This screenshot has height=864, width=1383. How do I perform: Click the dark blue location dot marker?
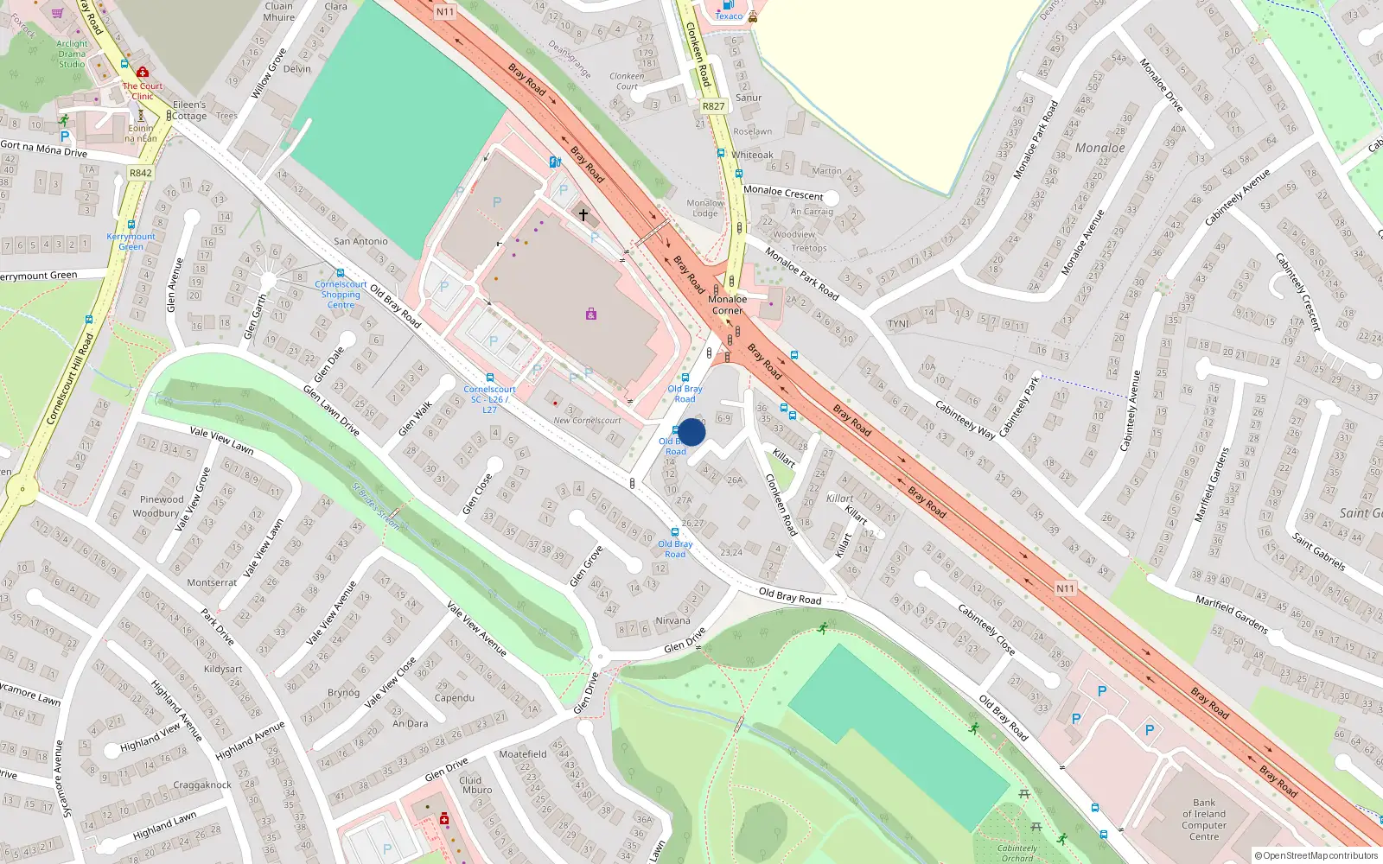pos(691,432)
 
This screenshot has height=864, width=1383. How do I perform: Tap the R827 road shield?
pos(713,106)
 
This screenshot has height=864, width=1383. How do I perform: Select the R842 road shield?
pos(140,173)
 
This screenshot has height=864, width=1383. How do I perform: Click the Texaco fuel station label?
pos(729,16)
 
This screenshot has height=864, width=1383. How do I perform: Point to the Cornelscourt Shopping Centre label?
pos(341,294)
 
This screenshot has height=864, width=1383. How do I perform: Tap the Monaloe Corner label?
pos(727,305)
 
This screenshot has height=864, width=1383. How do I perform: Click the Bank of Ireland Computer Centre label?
pos(1204,819)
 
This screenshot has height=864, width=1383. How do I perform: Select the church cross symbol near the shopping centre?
pos(583,214)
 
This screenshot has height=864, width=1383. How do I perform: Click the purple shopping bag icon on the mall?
pos(591,314)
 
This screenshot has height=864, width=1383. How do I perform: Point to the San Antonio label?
pos(360,241)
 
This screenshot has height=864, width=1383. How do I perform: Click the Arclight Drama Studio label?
pos(72,54)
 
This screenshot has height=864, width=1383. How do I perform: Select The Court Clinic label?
pos(143,91)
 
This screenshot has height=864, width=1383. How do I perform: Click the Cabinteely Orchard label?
pos(1017,853)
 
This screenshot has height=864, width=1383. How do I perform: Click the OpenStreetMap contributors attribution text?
pos(1316,855)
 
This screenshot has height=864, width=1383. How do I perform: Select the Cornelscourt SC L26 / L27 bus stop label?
pos(489,399)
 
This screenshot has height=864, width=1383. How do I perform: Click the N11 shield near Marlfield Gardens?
pos(1065,588)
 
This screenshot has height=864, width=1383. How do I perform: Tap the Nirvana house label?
pos(672,620)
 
